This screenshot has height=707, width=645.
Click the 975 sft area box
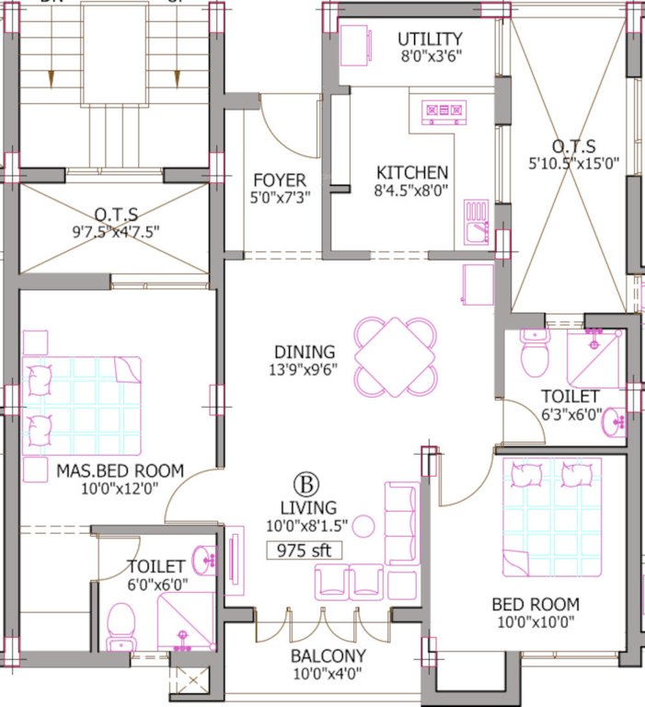coord(304,551)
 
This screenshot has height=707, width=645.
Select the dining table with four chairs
coord(396,355)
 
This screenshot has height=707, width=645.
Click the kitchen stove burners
coord(442,112)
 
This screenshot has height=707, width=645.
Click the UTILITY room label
coord(430,39)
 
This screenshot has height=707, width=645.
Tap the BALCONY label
coord(328,656)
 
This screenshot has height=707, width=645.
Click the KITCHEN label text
coord(412,172)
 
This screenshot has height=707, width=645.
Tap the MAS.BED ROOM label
coord(120,470)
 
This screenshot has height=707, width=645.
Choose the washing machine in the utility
coord(354,45)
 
